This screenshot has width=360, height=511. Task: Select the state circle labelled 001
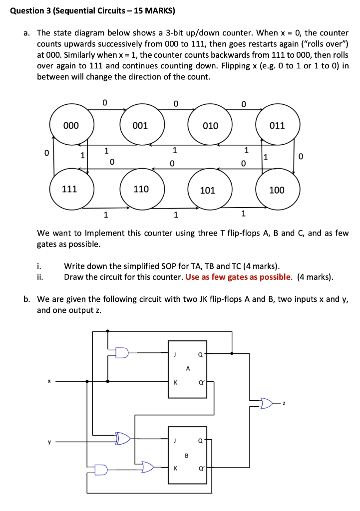(x=141, y=125)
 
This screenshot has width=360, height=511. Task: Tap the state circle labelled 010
(x=210, y=125)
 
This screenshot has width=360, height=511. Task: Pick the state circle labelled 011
(x=278, y=125)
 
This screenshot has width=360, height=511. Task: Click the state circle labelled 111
(x=70, y=189)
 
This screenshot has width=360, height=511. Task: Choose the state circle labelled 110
(x=141, y=189)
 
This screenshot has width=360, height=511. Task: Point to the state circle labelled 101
(x=208, y=190)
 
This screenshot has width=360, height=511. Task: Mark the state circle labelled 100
(x=277, y=190)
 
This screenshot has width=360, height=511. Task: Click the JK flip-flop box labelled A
(x=187, y=369)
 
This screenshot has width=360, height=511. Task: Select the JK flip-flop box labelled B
(x=187, y=455)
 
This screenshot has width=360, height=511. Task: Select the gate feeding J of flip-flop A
(x=122, y=353)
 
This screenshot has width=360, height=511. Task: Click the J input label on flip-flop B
(x=175, y=441)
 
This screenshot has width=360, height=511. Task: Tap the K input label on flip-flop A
(x=175, y=383)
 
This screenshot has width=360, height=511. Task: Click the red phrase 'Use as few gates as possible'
(x=238, y=277)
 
